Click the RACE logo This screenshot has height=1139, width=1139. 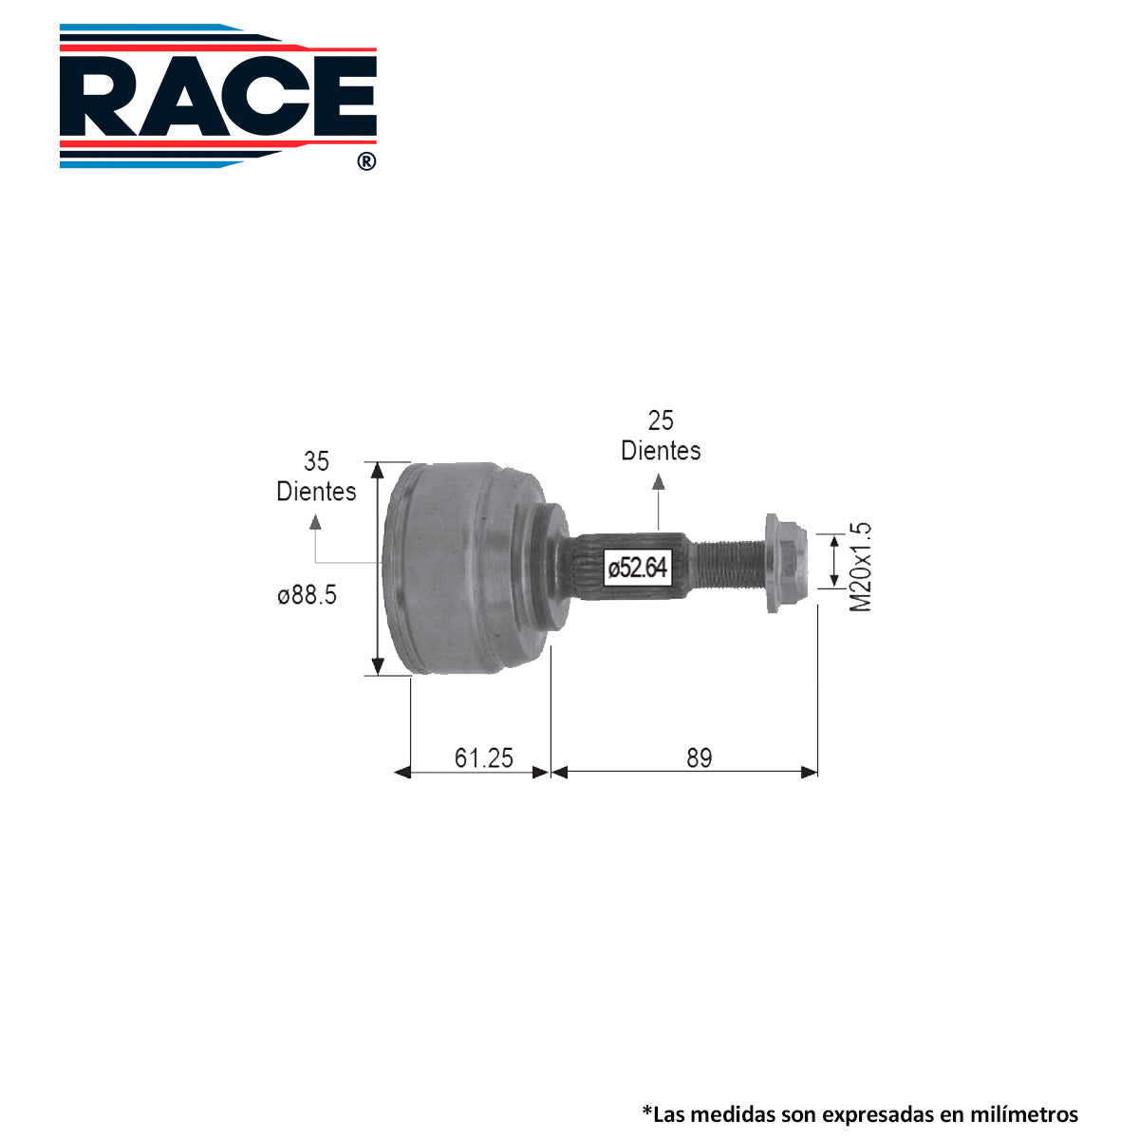217,96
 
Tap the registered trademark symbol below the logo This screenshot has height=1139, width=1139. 366,161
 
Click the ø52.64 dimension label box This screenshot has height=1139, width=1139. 637,568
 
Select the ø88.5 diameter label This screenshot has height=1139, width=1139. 307,594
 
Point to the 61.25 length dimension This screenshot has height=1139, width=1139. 483,757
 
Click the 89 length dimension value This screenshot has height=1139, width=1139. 700,757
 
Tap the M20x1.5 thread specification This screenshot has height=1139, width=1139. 860,567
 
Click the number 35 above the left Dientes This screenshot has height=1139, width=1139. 316,461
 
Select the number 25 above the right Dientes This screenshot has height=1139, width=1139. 661,420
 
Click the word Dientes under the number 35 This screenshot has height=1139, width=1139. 316,491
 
